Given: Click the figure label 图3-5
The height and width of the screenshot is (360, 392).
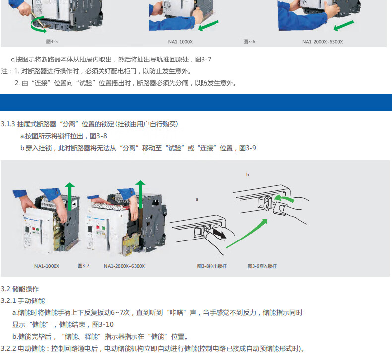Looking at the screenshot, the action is point(52,42).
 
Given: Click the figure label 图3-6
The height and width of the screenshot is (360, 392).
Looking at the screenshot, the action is point(249,42).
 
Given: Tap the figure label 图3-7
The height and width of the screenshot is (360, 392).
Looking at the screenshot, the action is point(83,266).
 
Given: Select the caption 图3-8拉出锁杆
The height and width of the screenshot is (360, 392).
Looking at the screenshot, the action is point(212,266).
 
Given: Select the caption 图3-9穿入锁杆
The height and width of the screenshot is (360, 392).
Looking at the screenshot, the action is point(262,266).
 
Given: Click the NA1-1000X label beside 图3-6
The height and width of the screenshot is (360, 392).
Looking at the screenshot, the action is point(180,42).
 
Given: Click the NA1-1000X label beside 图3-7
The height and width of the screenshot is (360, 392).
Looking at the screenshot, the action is point(47,266).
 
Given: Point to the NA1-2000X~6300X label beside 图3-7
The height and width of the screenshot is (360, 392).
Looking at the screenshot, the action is point(124,266).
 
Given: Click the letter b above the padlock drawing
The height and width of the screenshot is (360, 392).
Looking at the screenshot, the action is point(248,175).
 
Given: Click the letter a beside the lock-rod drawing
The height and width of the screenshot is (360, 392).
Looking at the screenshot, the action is point(197,199).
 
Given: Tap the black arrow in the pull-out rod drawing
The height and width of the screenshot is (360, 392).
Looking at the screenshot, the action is point(220,234).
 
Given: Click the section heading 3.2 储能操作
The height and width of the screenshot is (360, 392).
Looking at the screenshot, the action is point(20,289).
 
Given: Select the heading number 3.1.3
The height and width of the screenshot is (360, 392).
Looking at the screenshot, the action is point(8,124).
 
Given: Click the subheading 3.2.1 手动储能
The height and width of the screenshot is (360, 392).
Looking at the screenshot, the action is point(23,301).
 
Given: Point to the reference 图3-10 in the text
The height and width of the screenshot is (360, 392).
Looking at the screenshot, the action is point(103,324).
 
